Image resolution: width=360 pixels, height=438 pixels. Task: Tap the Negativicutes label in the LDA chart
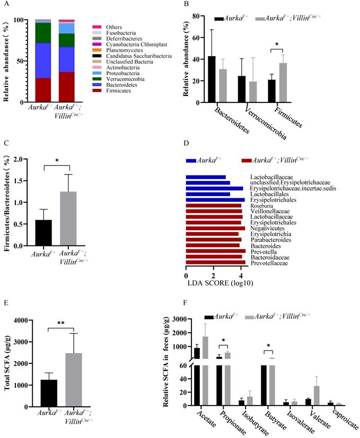pos(267,228)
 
